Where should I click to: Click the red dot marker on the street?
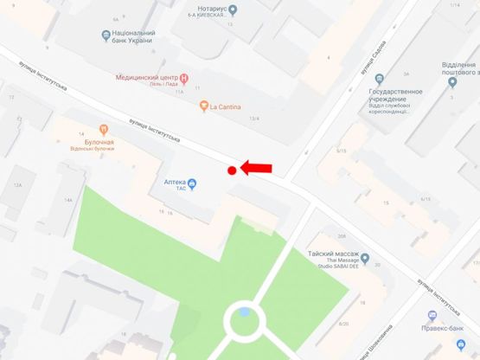(x=232, y=170)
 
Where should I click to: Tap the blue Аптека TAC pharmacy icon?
(x=192, y=183)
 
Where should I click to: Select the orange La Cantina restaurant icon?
(x=203, y=106)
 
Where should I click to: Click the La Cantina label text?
(x=226, y=106)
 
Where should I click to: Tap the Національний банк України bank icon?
(x=106, y=35)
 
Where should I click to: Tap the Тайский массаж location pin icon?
(x=365, y=259)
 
